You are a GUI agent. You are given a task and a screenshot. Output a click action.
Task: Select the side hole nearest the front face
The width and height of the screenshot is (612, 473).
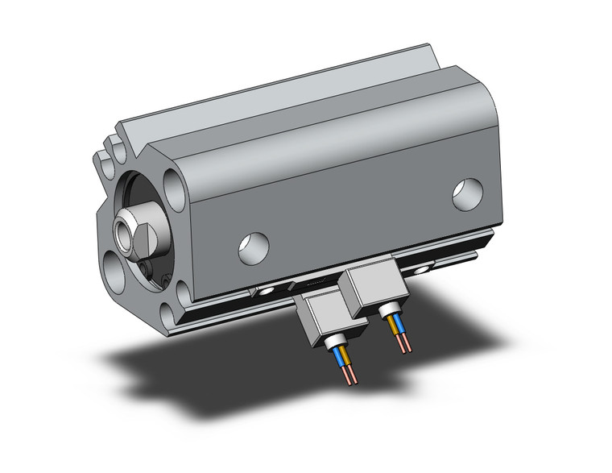point(254,247)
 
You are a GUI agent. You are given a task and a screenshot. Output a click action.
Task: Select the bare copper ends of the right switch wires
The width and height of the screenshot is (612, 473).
point(402,346)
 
